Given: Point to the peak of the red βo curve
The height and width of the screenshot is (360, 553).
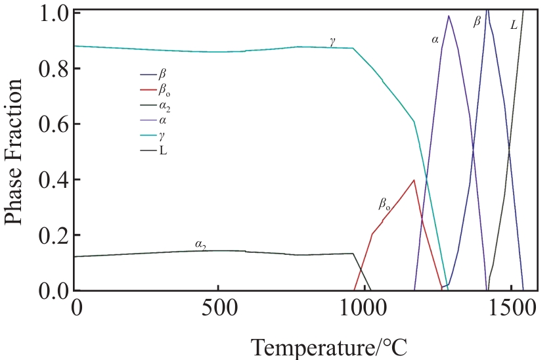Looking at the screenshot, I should (x=414, y=180).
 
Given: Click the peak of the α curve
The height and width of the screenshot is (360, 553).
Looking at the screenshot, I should (x=449, y=16).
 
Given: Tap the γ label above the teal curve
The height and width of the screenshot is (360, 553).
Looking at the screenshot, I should (x=333, y=41).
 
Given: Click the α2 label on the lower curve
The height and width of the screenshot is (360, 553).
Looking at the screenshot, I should (x=200, y=244).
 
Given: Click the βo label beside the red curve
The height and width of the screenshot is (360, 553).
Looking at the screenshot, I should (x=385, y=204).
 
